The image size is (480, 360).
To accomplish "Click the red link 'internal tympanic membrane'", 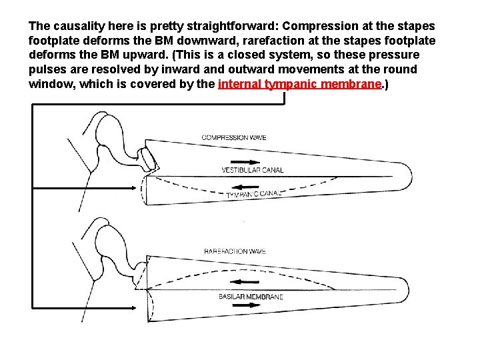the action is point(299,84).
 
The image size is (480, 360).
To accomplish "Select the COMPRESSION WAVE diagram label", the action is point(234,138).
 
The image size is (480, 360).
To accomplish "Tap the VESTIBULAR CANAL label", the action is point(252,170).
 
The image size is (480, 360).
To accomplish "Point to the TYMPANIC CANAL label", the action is point(253,194).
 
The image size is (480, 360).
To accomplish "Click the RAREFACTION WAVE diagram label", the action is point(235,251).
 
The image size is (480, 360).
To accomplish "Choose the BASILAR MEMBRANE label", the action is point(251,297).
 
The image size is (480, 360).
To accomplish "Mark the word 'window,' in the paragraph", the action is point(51,84).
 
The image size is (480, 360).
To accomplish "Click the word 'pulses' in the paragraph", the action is point(47,69).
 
